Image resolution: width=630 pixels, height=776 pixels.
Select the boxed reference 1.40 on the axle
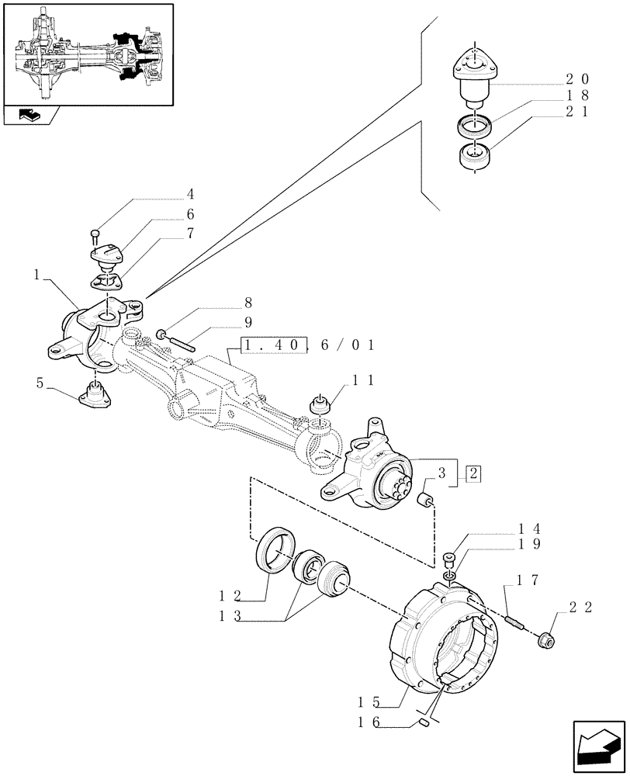coord(273,344)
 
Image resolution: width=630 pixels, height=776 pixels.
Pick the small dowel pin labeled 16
coord(425,723)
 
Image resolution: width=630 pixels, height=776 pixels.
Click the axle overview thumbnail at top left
coord(88,55)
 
